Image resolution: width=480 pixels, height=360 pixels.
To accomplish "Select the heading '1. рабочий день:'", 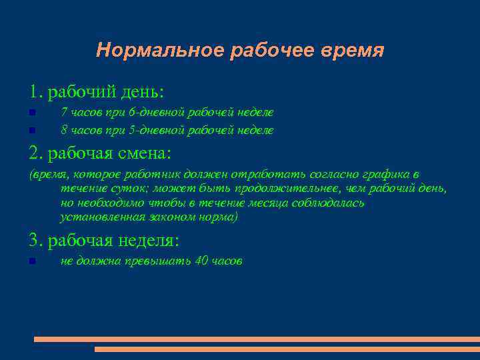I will click(x=96, y=90).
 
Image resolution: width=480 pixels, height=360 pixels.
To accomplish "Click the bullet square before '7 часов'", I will click(x=32, y=114).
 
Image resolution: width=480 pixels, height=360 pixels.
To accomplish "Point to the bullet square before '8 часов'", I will click(x=32, y=131).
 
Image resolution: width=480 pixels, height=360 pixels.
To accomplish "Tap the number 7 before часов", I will click(x=63, y=113).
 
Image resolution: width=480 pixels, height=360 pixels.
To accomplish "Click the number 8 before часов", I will click(x=63, y=130).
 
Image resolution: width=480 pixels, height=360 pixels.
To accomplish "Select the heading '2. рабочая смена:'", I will click(x=100, y=153).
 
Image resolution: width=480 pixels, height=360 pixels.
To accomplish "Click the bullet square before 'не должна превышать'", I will click(x=32, y=261).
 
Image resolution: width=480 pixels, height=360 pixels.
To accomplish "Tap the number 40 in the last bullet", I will click(x=202, y=261).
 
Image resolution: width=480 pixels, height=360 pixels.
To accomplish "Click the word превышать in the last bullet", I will click(x=157, y=261).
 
